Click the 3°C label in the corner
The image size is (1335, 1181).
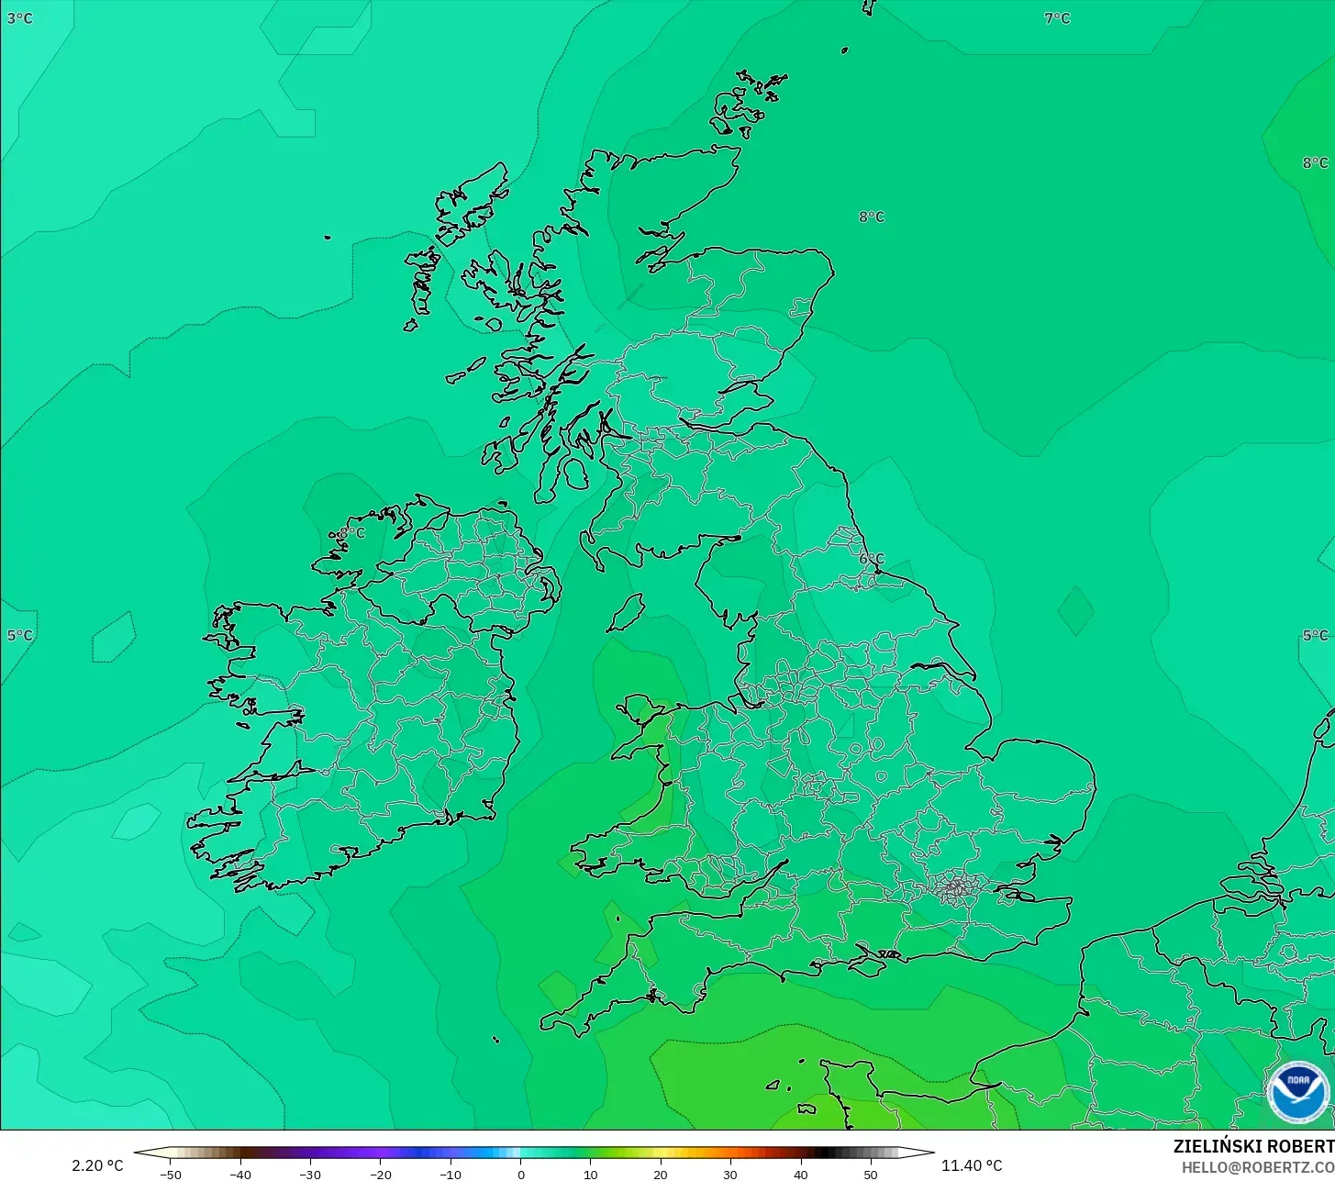point(19,18)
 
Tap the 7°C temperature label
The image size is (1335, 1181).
point(1057,18)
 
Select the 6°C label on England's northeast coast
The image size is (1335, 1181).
point(872,559)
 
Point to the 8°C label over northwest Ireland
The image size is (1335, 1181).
point(351,533)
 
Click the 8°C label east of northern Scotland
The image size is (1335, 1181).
point(872,217)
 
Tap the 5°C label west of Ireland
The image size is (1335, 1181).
point(19,635)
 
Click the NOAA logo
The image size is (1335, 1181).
point(1297,1093)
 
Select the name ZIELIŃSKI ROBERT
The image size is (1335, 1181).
point(1253,1147)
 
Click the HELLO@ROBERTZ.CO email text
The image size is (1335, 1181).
point(1257,1167)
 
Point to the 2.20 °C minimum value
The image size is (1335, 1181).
point(97,1165)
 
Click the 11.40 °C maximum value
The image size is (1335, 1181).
point(972,1165)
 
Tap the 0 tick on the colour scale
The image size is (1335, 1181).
point(520,1175)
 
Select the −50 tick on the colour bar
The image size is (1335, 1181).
point(170,1175)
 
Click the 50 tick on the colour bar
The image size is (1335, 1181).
point(871,1175)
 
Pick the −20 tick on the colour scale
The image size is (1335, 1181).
point(380,1175)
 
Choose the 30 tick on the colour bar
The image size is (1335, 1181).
point(730,1175)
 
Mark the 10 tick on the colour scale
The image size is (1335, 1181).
point(590,1175)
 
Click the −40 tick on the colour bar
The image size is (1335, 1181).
point(239,1175)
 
